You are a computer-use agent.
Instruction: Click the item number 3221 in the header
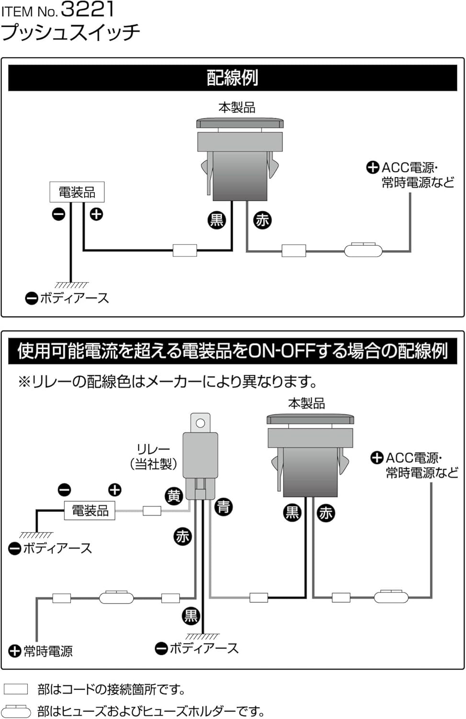point(88,9)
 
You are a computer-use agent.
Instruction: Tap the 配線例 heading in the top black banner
point(232,77)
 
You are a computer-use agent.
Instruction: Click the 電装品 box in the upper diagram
point(77,192)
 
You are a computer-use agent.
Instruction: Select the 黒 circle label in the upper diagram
point(216,220)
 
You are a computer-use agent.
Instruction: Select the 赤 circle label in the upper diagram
point(262,220)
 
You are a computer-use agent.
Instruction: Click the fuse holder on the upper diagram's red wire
point(364,250)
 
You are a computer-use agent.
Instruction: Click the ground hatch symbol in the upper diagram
point(71,285)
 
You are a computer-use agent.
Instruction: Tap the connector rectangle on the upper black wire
point(184,250)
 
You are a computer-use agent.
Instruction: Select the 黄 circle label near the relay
point(173,496)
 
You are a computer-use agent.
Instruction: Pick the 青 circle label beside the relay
point(223,507)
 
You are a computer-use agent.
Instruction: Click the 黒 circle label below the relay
point(191,615)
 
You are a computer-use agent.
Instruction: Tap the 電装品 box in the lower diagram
point(90,510)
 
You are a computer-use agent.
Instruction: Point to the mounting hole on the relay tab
point(200,423)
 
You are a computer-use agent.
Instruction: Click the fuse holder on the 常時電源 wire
point(116,598)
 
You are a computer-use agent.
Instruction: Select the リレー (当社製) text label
point(153,456)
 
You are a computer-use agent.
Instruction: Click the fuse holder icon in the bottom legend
point(16,711)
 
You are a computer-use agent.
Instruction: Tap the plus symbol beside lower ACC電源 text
point(377,458)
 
